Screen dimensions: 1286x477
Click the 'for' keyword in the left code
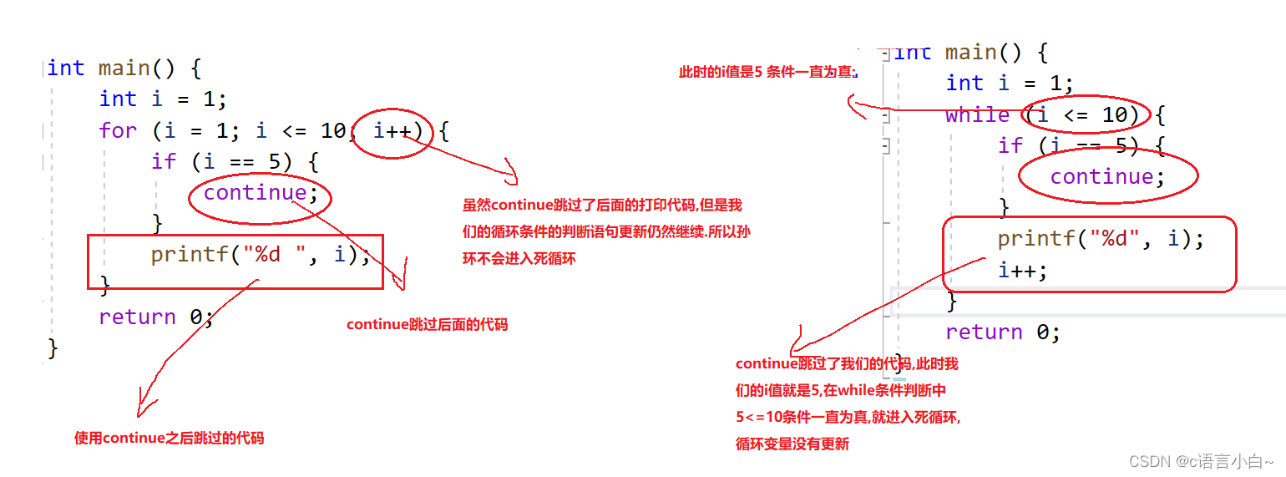pyautogui.click(x=117, y=130)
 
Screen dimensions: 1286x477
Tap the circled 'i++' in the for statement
pyautogui.click(x=392, y=130)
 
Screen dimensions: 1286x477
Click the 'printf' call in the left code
pyautogui.click(x=189, y=254)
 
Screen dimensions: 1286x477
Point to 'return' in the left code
pyautogui.click(x=137, y=317)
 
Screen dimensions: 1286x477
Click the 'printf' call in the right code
pyautogui.click(x=1035, y=239)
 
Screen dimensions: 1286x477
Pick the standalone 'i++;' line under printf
pyautogui.click(x=1022, y=270)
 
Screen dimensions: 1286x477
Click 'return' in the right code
pyautogui.click(x=984, y=332)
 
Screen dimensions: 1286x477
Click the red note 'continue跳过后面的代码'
pyautogui.click(x=427, y=325)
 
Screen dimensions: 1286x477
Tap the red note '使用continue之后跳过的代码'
pyautogui.click(x=169, y=437)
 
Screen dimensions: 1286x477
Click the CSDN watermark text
pyautogui.click(x=1201, y=461)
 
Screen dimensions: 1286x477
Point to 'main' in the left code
pyautogui.click(x=124, y=68)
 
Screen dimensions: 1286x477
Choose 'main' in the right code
pyautogui.click(x=970, y=53)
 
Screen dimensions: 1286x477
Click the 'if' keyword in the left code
pyautogui.click(x=164, y=161)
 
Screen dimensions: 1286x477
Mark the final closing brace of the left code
pyautogui.click(x=53, y=348)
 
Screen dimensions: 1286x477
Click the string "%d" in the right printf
pyautogui.click(x=1114, y=239)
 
